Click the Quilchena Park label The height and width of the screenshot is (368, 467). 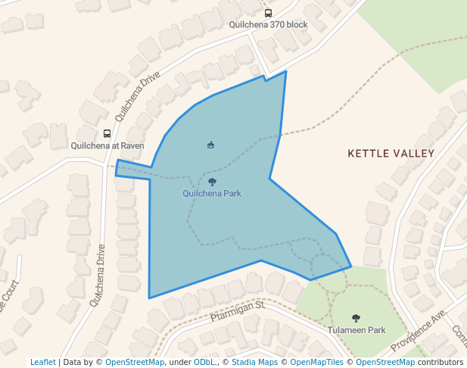point(212,193)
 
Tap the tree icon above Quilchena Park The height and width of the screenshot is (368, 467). point(212,182)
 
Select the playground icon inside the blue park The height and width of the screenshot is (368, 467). point(210,145)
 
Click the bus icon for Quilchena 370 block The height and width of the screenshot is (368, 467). point(268,13)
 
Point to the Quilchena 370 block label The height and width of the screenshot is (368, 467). point(268,24)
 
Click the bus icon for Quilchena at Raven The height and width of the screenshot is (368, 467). point(107,133)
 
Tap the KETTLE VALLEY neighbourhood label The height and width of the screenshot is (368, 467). point(391,154)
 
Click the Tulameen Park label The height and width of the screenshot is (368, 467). point(356,330)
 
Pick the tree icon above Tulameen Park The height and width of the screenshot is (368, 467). point(356,319)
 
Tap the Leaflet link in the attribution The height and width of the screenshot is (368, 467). point(43,362)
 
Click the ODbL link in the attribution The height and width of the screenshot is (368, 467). point(204,362)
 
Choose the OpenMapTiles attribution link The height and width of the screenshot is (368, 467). point(316,362)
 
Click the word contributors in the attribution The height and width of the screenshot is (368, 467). point(441,362)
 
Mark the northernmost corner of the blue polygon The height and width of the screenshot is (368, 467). point(286,71)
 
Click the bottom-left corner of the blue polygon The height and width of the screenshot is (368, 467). point(149,298)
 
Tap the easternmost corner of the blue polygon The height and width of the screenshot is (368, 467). point(351,267)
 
